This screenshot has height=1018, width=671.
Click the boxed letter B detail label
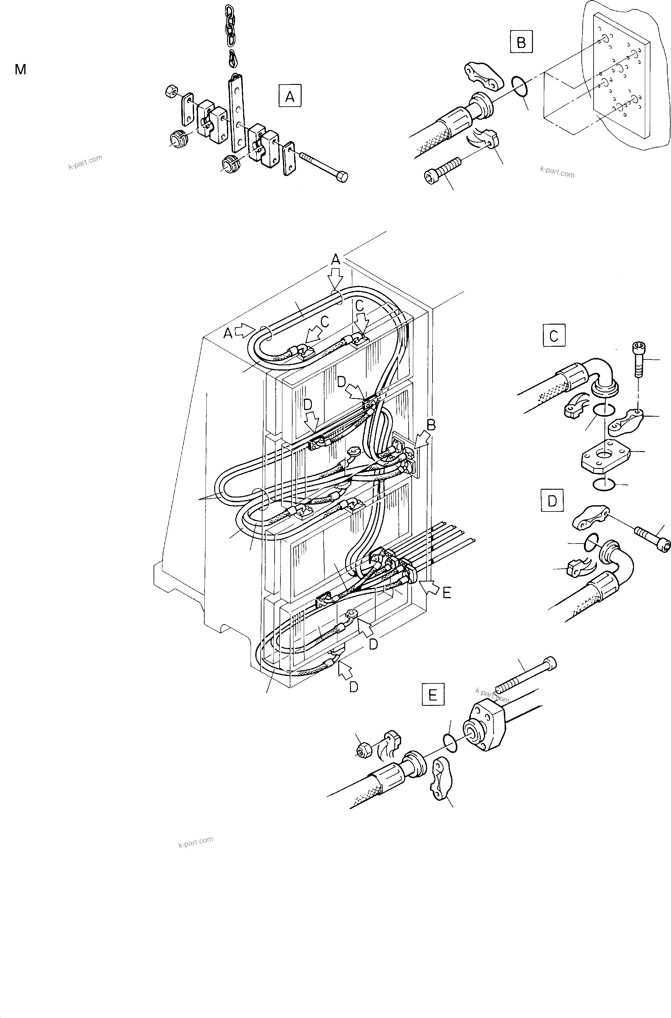521,42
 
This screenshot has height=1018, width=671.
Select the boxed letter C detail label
553,335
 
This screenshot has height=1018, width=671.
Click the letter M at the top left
20,69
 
